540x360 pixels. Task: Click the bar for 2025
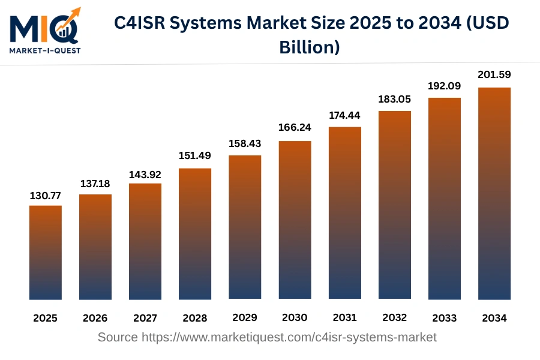pyautogui.click(x=46, y=252)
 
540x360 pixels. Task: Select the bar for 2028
pyautogui.click(x=195, y=234)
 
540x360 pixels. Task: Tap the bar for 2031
pyautogui.click(x=345, y=213)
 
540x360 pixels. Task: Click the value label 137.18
pyautogui.click(x=95, y=183)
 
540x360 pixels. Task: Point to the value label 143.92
pyautogui.click(x=145, y=175)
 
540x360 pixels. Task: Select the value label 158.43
pyautogui.click(x=245, y=144)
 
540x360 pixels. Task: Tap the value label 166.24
pyautogui.click(x=295, y=127)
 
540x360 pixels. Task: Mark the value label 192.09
pyautogui.click(x=444, y=86)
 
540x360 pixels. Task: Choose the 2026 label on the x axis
pyautogui.click(x=95, y=318)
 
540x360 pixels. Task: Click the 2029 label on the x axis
pyautogui.click(x=245, y=317)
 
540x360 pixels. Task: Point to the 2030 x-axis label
pyautogui.click(x=295, y=317)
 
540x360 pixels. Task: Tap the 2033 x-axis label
pyautogui.click(x=444, y=318)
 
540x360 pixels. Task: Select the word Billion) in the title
pyautogui.click(x=310, y=47)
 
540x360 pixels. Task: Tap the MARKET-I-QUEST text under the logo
pyautogui.click(x=44, y=50)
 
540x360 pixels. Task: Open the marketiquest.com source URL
pyautogui.click(x=289, y=337)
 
